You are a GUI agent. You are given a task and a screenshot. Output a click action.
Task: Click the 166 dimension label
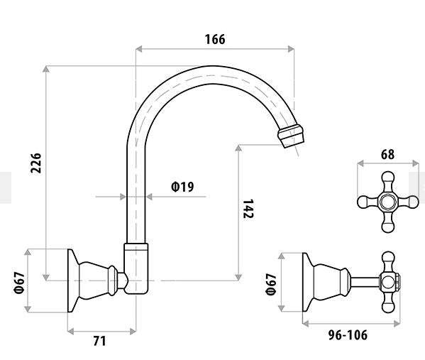click(x=215, y=39)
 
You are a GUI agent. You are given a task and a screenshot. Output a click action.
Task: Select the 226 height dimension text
click(x=36, y=163)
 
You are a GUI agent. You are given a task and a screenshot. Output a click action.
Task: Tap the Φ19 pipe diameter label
click(x=182, y=187)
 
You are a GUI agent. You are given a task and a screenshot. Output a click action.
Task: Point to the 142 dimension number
click(x=248, y=209)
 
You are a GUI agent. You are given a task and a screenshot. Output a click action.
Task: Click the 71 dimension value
click(x=100, y=341)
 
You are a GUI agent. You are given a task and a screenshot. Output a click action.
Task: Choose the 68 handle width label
click(x=387, y=155)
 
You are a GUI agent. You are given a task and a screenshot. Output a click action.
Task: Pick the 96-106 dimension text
click(x=348, y=335)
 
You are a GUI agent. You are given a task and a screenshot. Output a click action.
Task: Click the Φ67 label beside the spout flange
click(x=20, y=283)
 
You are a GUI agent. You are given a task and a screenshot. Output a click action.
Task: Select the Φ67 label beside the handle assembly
click(x=271, y=284)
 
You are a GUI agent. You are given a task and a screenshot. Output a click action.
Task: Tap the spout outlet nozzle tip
click(x=292, y=136)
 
